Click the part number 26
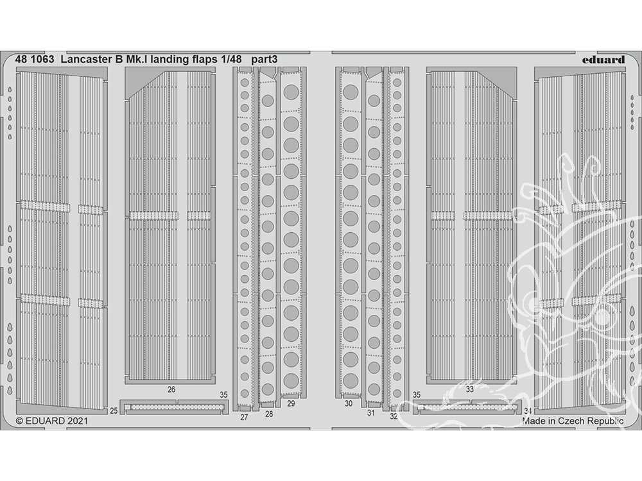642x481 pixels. click(171, 389)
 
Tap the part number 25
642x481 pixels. click(114, 410)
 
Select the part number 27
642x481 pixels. click(244, 418)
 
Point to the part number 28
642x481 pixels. click(269, 414)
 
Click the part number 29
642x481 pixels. click(291, 403)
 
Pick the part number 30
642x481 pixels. click(349, 403)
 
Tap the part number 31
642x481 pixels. click(371, 413)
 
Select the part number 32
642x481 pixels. click(394, 416)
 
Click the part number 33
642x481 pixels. click(470, 389)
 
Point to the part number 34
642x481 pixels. click(528, 410)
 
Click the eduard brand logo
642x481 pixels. click(603, 60)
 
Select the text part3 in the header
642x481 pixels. click(264, 60)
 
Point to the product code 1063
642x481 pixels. click(42, 59)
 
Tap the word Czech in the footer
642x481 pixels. click(571, 421)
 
